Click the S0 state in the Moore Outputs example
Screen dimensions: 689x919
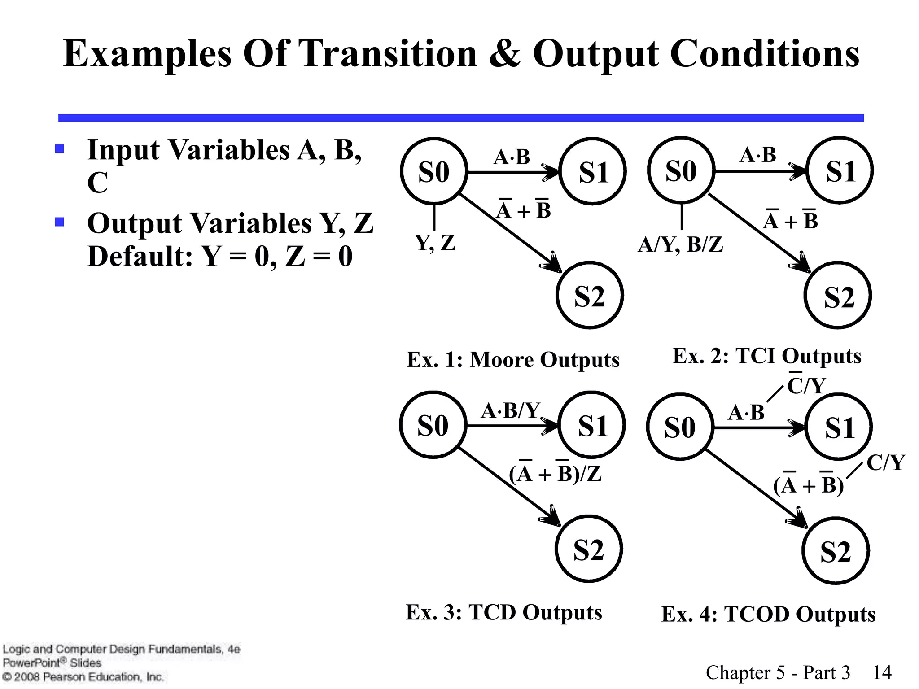click(434, 171)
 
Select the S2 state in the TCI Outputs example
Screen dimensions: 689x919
click(838, 296)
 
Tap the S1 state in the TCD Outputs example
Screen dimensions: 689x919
click(592, 425)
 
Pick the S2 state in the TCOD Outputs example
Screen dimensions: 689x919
click(836, 551)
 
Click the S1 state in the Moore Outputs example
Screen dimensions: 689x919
click(593, 172)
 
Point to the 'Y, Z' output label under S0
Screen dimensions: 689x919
click(435, 243)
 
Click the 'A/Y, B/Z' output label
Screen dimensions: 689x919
click(680, 244)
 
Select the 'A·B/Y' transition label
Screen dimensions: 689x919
click(511, 410)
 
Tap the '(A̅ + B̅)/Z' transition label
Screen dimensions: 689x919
click(555, 473)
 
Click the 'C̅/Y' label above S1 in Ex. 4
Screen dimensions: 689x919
click(806, 385)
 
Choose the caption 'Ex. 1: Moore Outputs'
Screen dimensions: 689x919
click(513, 359)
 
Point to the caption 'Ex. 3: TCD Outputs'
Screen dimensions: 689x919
click(503, 612)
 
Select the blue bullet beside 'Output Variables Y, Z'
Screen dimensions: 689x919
click(59, 222)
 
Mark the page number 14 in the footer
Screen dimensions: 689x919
click(882, 672)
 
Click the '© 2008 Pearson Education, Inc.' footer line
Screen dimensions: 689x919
click(83, 676)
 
